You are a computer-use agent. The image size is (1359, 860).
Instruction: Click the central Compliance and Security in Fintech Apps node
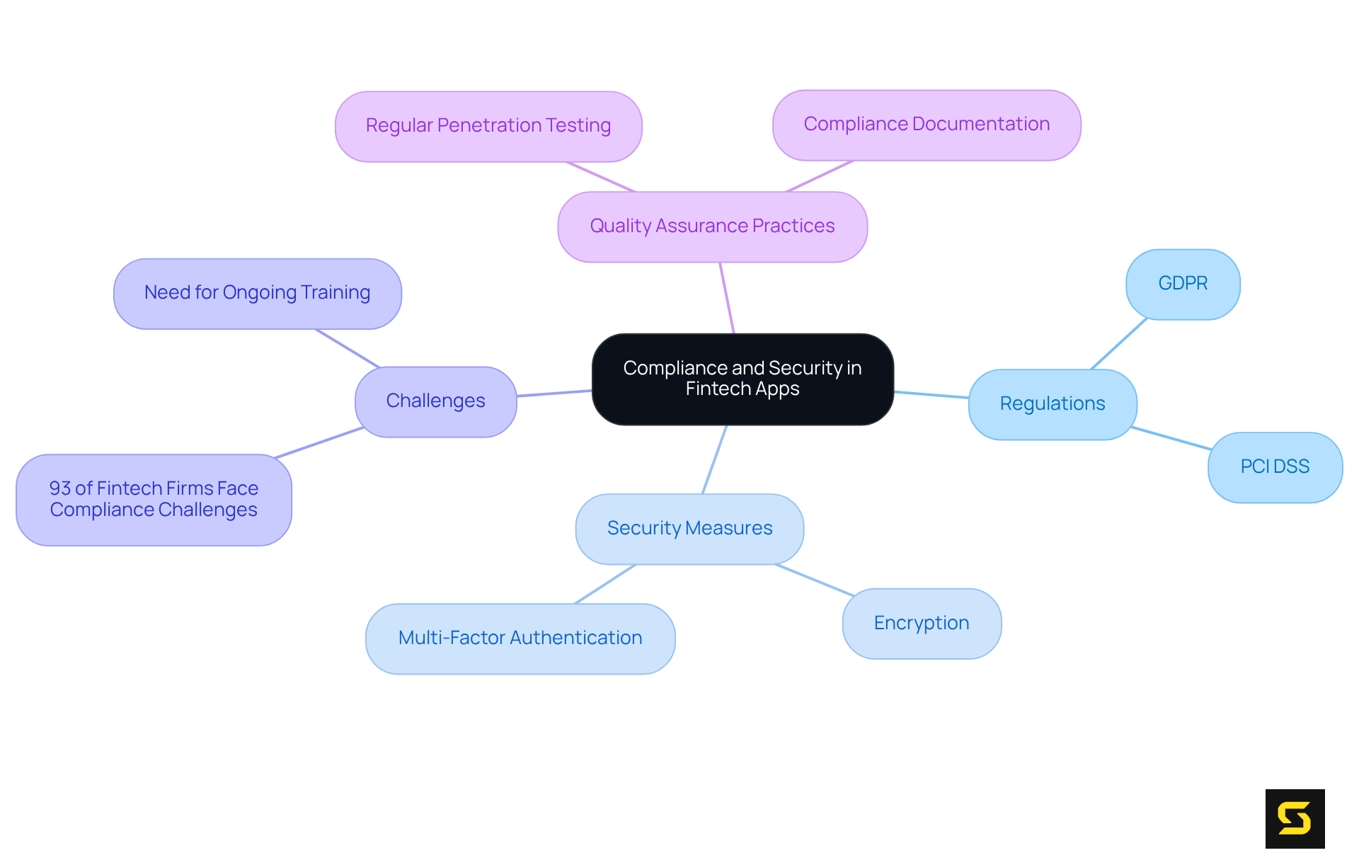pyautogui.click(x=742, y=379)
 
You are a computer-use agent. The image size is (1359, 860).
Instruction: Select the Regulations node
pyautogui.click(x=1052, y=403)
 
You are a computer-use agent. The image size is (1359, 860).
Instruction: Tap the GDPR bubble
pyautogui.click(x=1182, y=283)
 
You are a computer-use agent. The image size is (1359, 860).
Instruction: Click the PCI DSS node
pyautogui.click(x=1274, y=466)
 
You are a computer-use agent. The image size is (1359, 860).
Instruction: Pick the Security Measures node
pyautogui.click(x=689, y=528)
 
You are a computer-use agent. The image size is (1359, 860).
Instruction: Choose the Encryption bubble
pyautogui.click(x=921, y=623)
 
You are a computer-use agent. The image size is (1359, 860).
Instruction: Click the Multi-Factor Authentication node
pyautogui.click(x=520, y=638)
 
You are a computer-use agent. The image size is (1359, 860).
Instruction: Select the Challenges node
pyautogui.click(x=435, y=401)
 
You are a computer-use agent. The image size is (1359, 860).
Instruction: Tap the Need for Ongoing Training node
pyautogui.click(x=257, y=292)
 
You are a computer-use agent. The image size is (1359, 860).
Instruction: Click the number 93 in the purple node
pyautogui.click(x=60, y=488)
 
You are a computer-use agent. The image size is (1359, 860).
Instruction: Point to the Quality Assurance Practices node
pyautogui.click(x=712, y=226)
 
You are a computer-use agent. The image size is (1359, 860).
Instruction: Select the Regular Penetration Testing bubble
pyautogui.click(x=488, y=125)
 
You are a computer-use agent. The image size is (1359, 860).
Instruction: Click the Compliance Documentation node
pyautogui.click(x=926, y=124)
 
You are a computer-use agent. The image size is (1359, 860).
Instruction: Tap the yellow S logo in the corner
pyautogui.click(x=1295, y=818)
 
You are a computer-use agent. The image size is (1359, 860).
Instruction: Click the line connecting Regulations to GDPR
pyautogui.click(x=1118, y=344)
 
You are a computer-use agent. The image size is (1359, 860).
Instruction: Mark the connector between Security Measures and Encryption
pyautogui.click(x=814, y=580)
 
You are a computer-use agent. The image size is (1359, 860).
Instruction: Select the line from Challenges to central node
pyautogui.click(x=554, y=393)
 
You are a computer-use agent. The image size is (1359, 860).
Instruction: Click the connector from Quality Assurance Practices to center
pyautogui.click(x=727, y=297)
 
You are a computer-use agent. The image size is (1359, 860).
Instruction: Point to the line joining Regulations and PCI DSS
pyautogui.click(x=1171, y=438)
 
